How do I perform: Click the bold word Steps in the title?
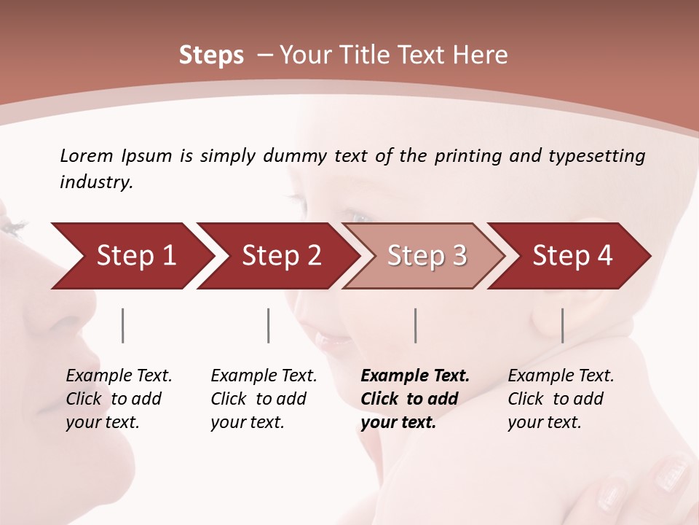pyautogui.click(x=211, y=55)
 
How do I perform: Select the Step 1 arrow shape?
pyautogui.click(x=131, y=256)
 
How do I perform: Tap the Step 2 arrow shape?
pyautogui.click(x=277, y=256)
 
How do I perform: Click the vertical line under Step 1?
pyautogui.click(x=123, y=325)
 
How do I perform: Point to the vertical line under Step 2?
pyautogui.click(x=269, y=325)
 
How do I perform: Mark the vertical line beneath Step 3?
pyautogui.click(x=415, y=325)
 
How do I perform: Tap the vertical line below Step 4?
pyautogui.click(x=562, y=325)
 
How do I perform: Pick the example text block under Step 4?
pyautogui.click(x=561, y=399)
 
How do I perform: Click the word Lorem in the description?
pyautogui.click(x=86, y=155)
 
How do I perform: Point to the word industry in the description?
pyautogui.click(x=95, y=182)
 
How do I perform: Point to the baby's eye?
pyautogui.click(x=360, y=217)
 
